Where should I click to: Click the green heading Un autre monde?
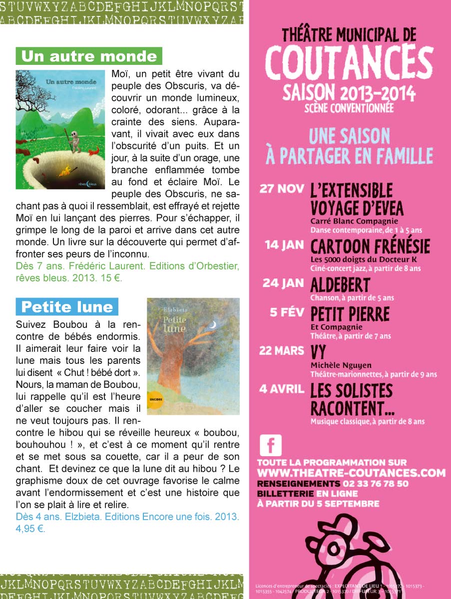tap(89, 56)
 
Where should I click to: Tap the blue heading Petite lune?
tap(67, 306)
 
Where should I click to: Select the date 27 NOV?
tap(282, 189)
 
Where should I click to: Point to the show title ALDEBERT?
tap(340, 285)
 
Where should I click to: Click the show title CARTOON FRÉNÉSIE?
tap(370, 247)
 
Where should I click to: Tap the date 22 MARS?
tap(282, 350)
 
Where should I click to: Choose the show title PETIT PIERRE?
tap(350, 314)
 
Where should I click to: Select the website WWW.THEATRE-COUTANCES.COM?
tap(351, 473)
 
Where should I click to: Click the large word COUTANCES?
tap(349, 64)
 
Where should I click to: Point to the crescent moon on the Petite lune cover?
tap(213, 324)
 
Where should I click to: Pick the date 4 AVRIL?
tap(282, 388)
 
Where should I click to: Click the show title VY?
tap(319, 352)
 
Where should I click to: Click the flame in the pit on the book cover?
tap(64, 172)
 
